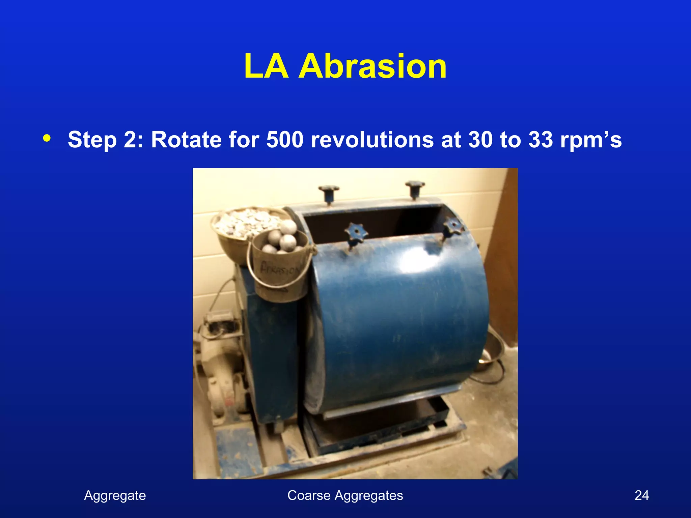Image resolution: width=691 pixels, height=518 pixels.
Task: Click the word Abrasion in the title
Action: coord(372,66)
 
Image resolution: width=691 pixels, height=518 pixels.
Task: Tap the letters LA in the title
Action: coord(266,66)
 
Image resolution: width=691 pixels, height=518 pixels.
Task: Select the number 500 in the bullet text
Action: coord(285,139)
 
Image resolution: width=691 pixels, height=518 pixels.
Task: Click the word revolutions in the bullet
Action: coord(371,139)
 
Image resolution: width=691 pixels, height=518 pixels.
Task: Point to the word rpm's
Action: coord(590,140)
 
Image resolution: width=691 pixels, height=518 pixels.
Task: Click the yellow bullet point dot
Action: coord(47,138)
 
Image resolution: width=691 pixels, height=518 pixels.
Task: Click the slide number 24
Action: coord(641,495)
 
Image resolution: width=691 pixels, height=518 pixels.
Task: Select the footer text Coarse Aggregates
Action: coord(345,495)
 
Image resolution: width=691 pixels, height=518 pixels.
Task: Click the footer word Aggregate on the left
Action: coord(115,495)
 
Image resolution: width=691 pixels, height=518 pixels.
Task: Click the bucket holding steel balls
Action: coord(280,266)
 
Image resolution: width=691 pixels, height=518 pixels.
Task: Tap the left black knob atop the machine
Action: coord(328,192)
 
